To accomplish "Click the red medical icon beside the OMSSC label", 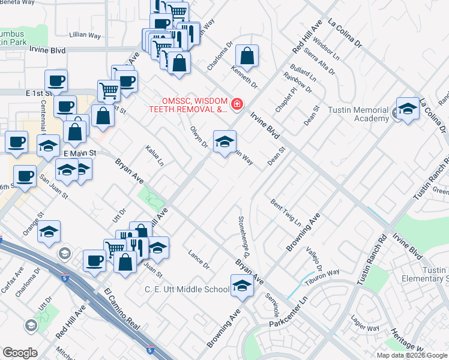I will click(237, 105).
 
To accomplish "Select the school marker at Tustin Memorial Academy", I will click(408, 109).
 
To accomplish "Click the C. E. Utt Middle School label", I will click(187, 289).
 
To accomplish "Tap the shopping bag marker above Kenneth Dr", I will click(247, 57).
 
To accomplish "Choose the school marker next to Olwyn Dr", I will click(224, 142).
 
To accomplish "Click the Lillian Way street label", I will click(85, 35).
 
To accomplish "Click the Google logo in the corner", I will click(20, 353).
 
